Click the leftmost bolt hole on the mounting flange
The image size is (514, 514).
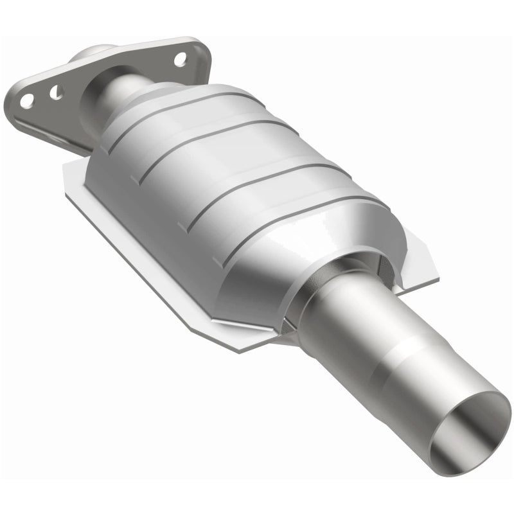pyautogui.click(x=26, y=100)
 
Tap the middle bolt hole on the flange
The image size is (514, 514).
pyautogui.click(x=57, y=93)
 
